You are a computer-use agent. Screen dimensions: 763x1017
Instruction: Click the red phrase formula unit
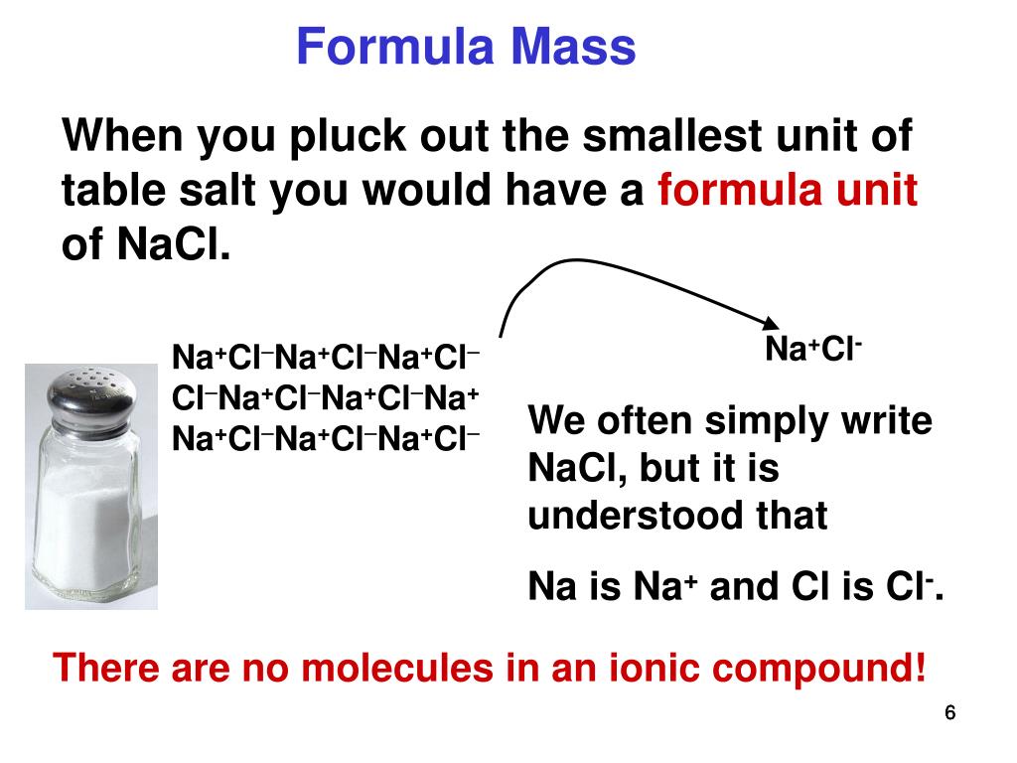787,191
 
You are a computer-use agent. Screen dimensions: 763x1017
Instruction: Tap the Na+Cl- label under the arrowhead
812,350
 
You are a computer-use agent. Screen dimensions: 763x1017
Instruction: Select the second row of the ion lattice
326,398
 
